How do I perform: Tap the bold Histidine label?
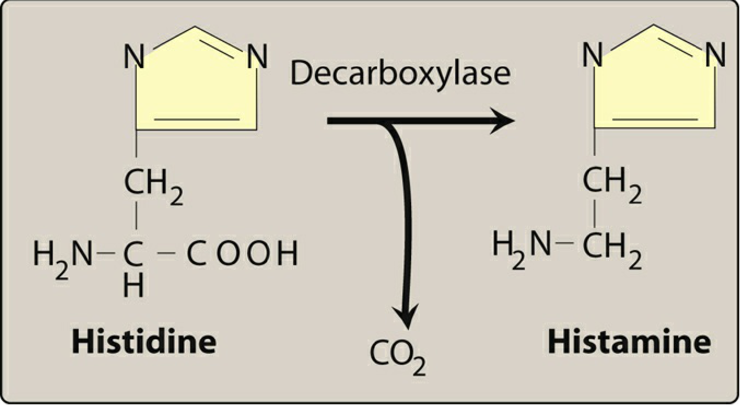pos(144,341)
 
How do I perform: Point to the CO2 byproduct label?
pos(397,357)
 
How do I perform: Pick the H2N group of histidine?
pos(62,256)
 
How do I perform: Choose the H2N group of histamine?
pos(521,246)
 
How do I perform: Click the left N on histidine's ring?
pos(134,57)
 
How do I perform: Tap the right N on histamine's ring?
pos(715,55)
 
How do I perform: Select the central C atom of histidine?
pos(133,253)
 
